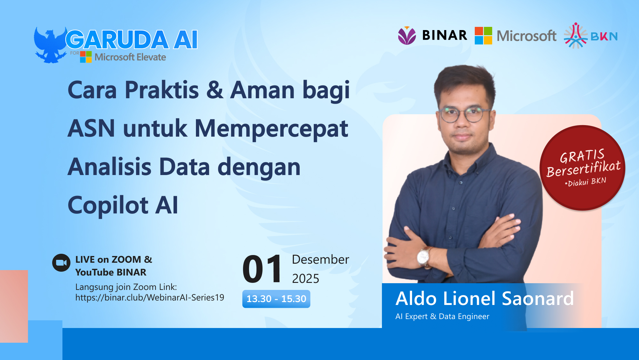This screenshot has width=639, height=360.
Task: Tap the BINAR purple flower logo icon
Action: pyautogui.click(x=407, y=36)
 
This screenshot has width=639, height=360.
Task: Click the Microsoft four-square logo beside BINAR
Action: pyautogui.click(x=483, y=36)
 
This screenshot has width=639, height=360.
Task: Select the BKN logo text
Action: pyautogui.click(x=604, y=36)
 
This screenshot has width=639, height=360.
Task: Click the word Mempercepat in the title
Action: pyautogui.click(x=271, y=129)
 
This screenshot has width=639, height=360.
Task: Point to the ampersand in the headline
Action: pyautogui.click(x=214, y=90)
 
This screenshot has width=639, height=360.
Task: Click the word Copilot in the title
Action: pyautogui.click(x=108, y=205)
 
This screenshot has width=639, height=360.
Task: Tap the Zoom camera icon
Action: pyautogui.click(x=61, y=263)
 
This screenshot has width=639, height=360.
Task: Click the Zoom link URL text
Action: pyautogui.click(x=150, y=298)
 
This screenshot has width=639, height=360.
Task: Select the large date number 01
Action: pyautogui.click(x=262, y=269)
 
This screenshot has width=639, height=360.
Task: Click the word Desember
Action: pyautogui.click(x=320, y=260)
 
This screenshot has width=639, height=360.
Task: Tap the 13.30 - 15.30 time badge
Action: pyautogui.click(x=276, y=299)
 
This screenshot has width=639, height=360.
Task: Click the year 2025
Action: pyautogui.click(x=305, y=279)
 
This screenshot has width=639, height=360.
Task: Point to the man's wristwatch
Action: pyautogui.click(x=424, y=256)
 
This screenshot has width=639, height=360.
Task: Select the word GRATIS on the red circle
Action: pyautogui.click(x=582, y=156)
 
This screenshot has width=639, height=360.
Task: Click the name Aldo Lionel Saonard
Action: pyautogui.click(x=484, y=299)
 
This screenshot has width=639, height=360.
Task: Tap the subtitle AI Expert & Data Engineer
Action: pyautogui.click(x=442, y=316)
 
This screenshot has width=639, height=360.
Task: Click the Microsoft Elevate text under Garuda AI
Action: pyautogui.click(x=130, y=57)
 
